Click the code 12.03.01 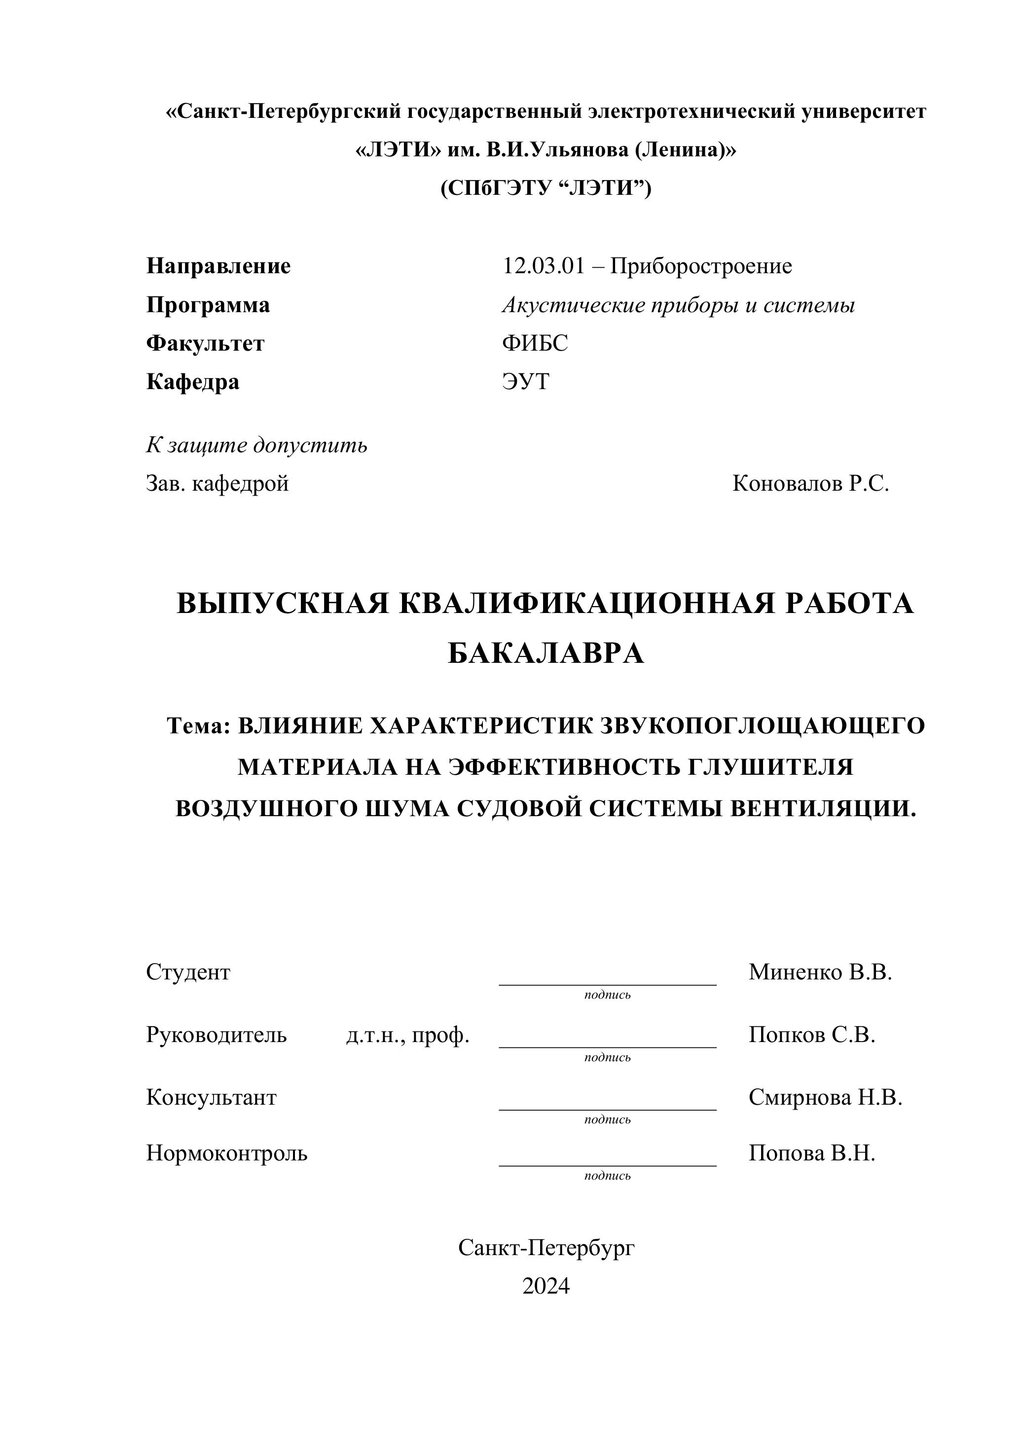pyautogui.click(x=543, y=266)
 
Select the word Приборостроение pyautogui.click(x=701, y=266)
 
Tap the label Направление pyautogui.click(x=219, y=266)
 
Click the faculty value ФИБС pyautogui.click(x=535, y=344)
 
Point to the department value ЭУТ pyautogui.click(x=525, y=382)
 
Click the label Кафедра pyautogui.click(x=193, y=382)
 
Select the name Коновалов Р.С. pyautogui.click(x=810, y=484)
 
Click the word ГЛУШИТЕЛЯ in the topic pyautogui.click(x=770, y=767)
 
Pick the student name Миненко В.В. pyautogui.click(x=820, y=972)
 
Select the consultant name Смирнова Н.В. pyautogui.click(x=825, y=1097)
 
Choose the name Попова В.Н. pyautogui.click(x=811, y=1153)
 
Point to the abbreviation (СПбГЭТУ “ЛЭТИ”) pyautogui.click(x=546, y=188)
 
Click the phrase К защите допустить pyautogui.click(x=257, y=445)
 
